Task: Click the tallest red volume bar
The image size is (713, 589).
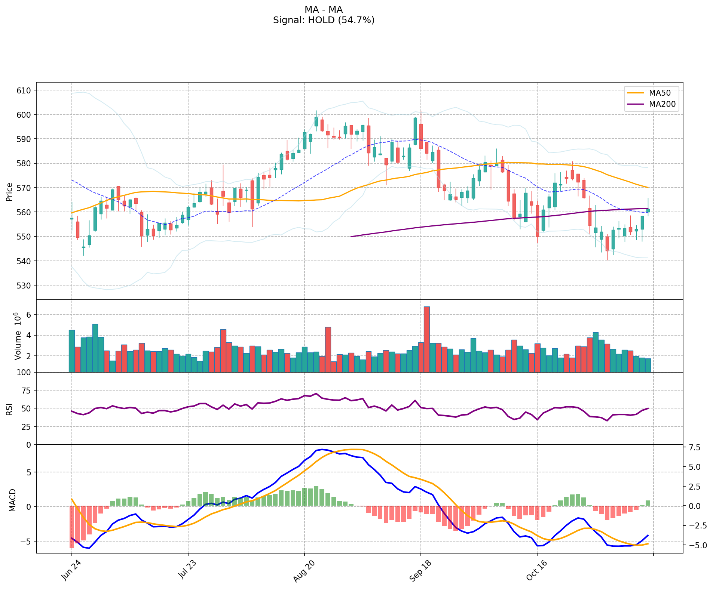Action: tap(426, 339)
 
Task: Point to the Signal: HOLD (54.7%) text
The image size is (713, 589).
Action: tap(324, 20)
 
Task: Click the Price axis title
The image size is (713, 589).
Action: tap(9, 192)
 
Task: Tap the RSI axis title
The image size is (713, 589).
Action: tap(9, 409)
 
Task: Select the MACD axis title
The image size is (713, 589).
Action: tap(12, 500)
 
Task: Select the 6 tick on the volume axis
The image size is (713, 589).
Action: tap(28, 315)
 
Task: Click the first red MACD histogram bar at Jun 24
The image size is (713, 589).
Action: tap(71, 527)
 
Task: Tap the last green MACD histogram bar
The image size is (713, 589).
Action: tap(648, 503)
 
